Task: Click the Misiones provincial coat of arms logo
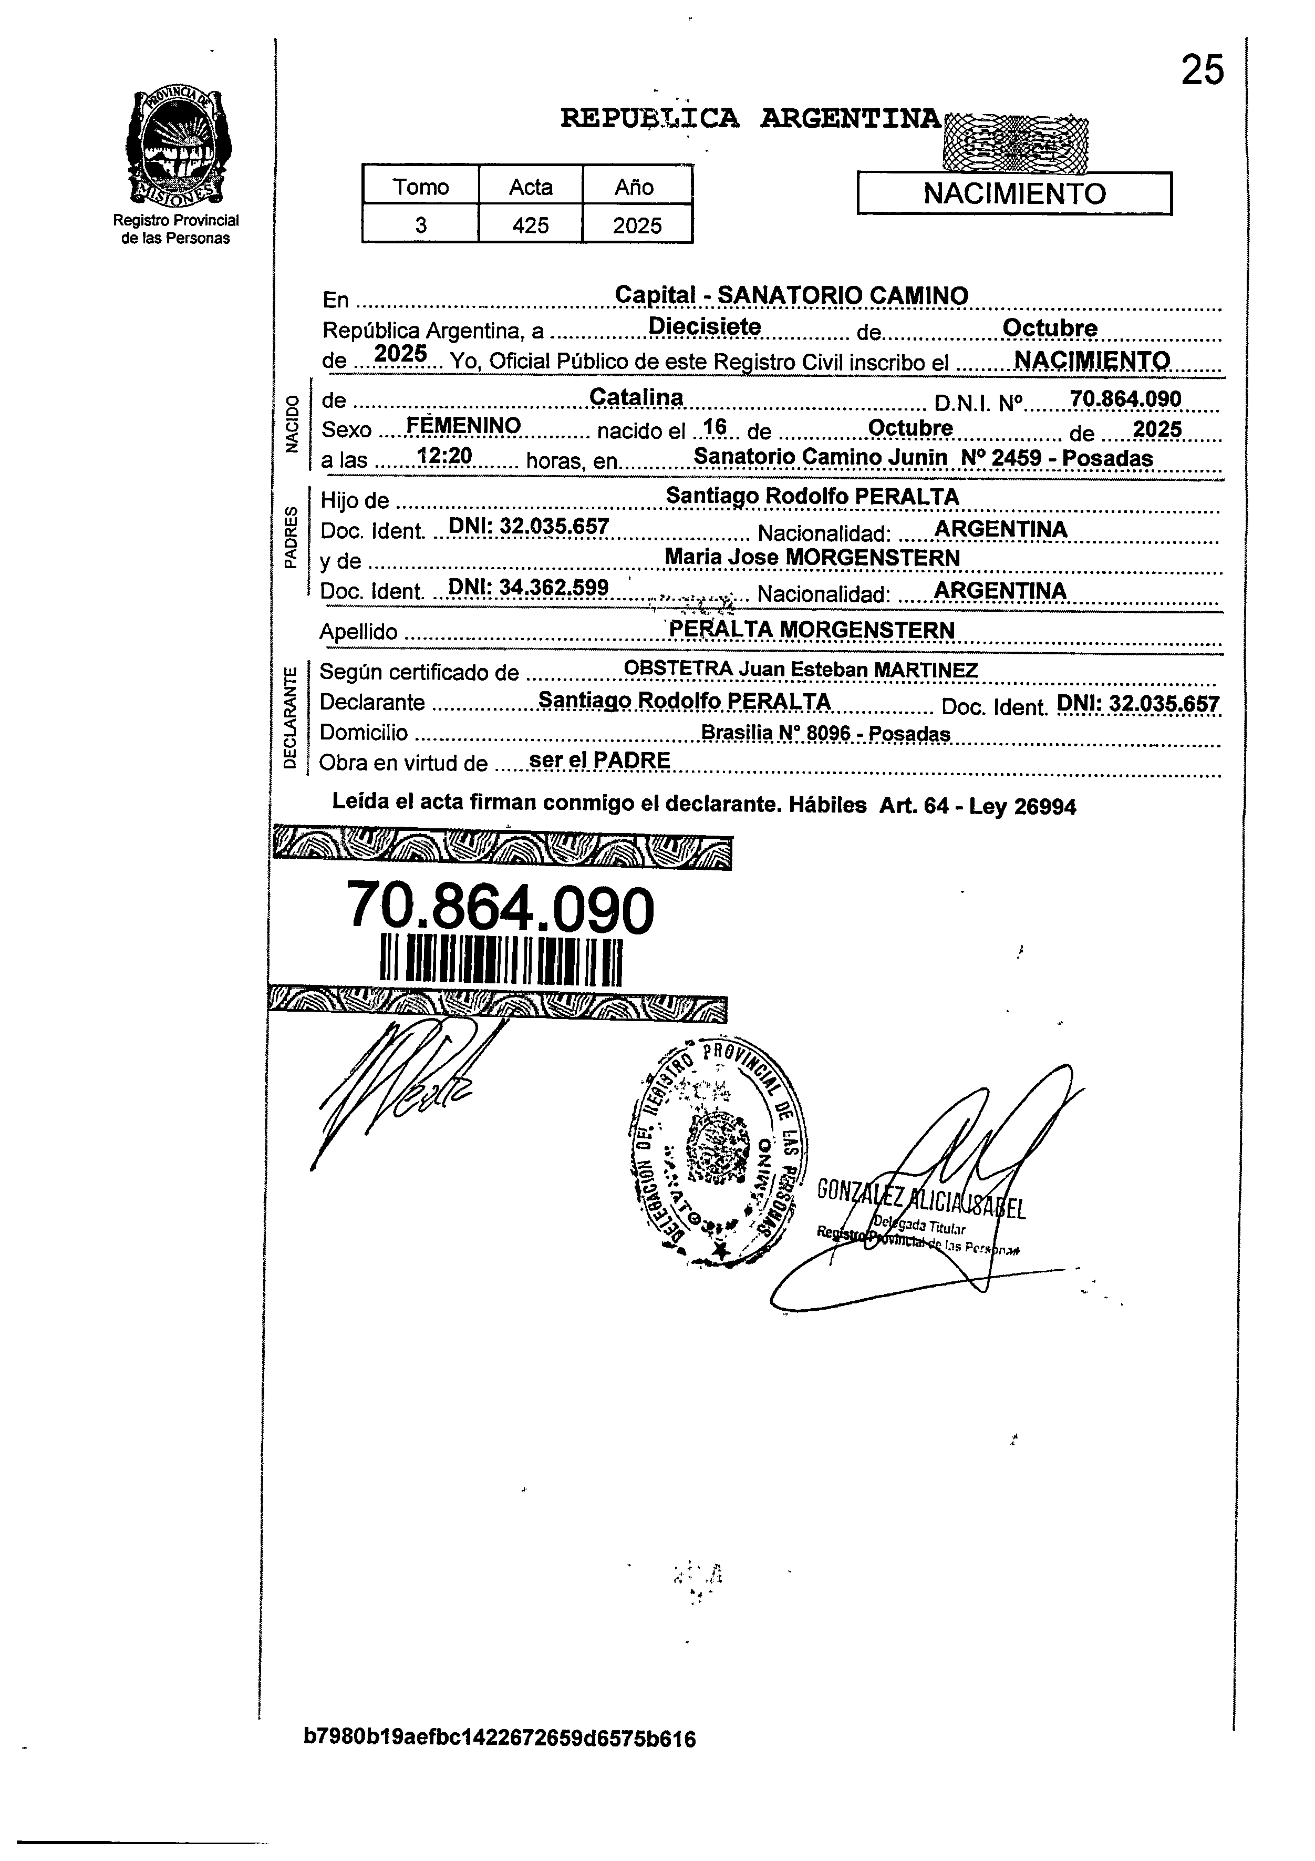[x=176, y=148]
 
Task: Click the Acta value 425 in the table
[x=531, y=225]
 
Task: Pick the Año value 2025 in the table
[x=637, y=225]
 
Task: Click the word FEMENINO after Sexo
[x=463, y=426]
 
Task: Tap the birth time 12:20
[x=444, y=456]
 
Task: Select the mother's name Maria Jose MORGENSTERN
[x=812, y=558]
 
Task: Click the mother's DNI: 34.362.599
[x=529, y=588]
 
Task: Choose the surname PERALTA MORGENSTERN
[x=812, y=630]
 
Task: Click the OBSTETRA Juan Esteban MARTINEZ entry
[x=801, y=670]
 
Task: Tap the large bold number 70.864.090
[x=500, y=909]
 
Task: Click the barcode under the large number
[x=501, y=961]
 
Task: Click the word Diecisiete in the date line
[x=705, y=327]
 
